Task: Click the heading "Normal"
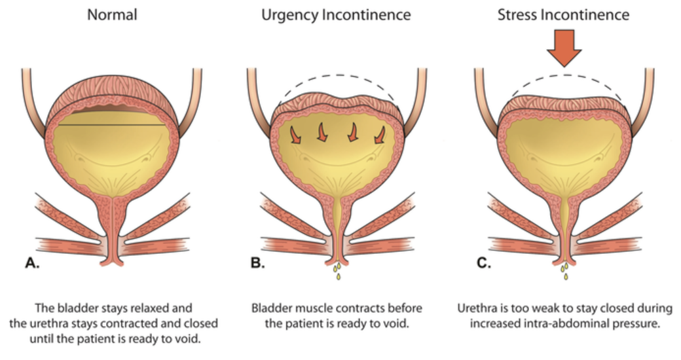(112, 14)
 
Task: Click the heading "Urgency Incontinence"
(336, 14)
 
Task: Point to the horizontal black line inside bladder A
(112, 124)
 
